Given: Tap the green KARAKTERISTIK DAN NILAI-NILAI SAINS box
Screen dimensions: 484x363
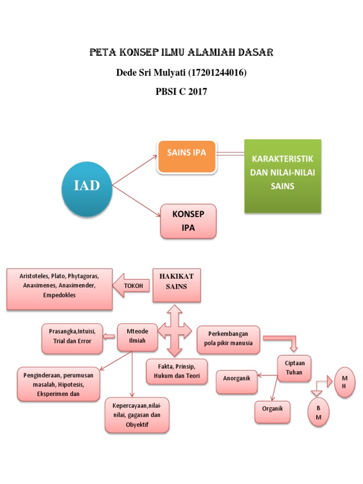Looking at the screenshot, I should [x=282, y=176].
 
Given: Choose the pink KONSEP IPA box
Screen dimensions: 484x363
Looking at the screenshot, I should [x=189, y=221].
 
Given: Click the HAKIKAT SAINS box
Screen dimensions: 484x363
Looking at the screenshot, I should [x=176, y=285].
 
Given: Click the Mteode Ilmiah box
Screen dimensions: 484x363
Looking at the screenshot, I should [x=137, y=337].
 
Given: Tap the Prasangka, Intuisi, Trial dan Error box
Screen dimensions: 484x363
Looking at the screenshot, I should [x=72, y=338].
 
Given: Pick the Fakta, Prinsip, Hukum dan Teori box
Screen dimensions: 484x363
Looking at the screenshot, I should [x=177, y=372].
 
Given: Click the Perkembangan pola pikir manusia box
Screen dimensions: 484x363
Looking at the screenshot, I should [x=228, y=339].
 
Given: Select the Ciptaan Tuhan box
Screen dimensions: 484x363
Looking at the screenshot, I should [x=294, y=369].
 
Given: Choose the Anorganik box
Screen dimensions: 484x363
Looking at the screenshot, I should [x=236, y=382].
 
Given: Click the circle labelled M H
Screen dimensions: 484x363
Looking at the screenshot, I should [x=345, y=382].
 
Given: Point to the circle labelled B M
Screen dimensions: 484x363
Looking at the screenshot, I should [x=319, y=413].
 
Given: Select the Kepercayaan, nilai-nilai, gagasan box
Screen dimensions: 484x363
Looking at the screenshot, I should [x=137, y=415].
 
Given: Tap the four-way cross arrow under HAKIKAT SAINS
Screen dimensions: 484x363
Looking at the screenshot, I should [x=174, y=330].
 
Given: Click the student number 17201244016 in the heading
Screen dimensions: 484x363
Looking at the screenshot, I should [x=217, y=73].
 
